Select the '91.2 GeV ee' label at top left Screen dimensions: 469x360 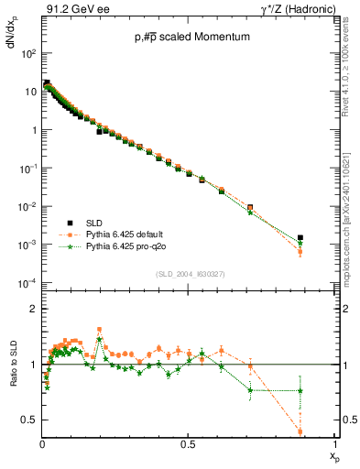[71, 8]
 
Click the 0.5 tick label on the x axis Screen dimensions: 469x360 [188, 443]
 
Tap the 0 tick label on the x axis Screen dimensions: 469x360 [42, 443]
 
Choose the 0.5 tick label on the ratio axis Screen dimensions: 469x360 [28, 420]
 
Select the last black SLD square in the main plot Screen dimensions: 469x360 [300, 237]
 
